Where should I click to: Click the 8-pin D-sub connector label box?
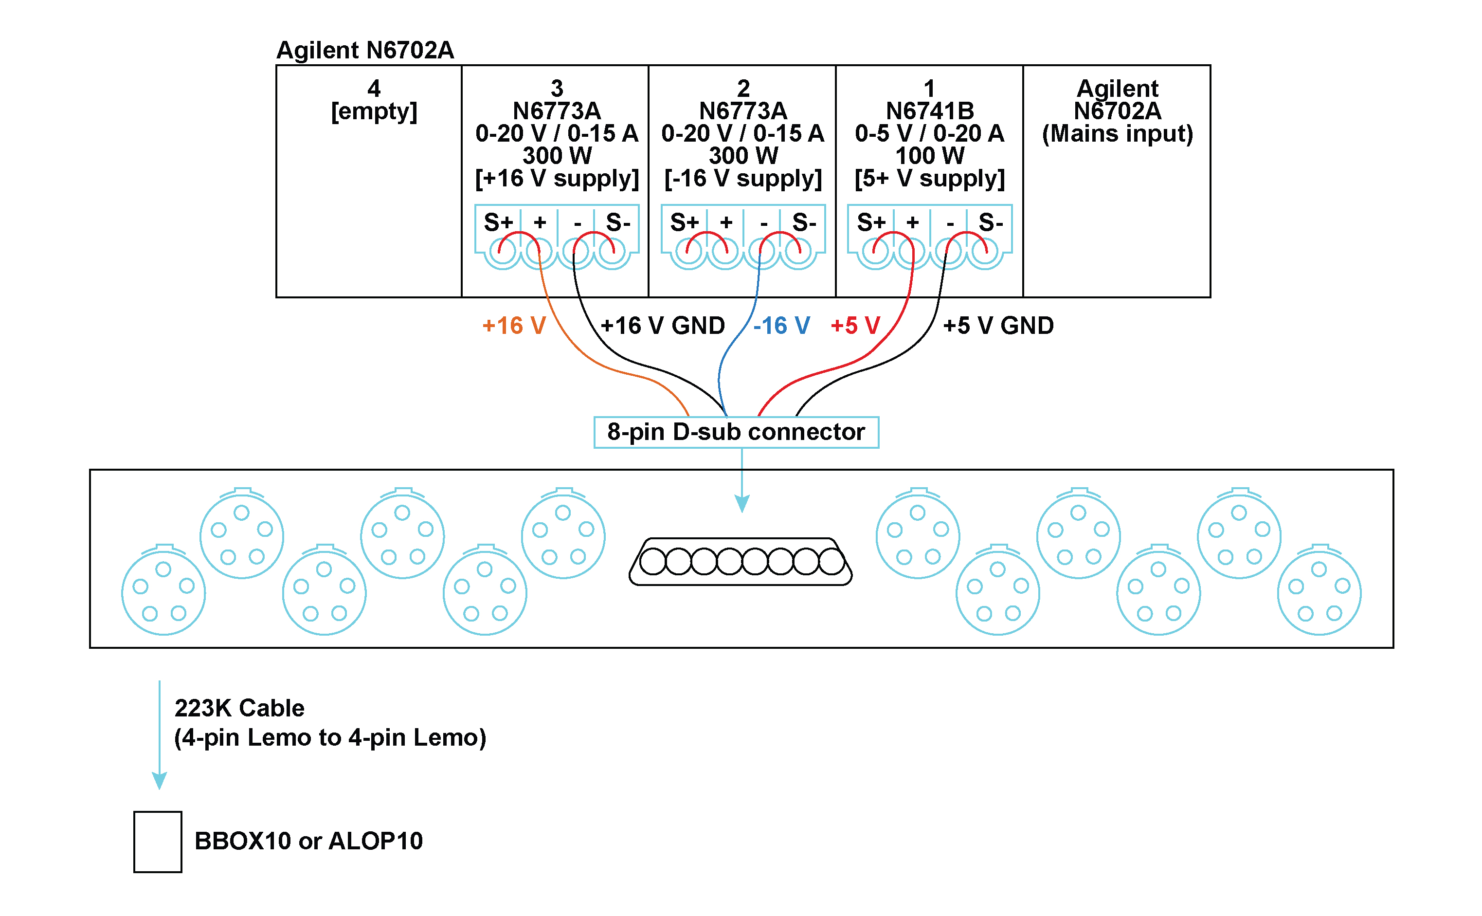click(x=736, y=432)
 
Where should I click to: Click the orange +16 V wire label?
click(x=514, y=326)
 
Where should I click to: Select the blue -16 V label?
click(x=781, y=326)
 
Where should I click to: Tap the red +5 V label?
click(x=855, y=326)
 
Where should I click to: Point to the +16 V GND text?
click(x=662, y=326)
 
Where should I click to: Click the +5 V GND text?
click(x=998, y=326)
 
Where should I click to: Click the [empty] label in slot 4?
click(x=374, y=111)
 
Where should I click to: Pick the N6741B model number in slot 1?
click(x=930, y=111)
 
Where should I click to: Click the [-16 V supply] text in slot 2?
click(x=742, y=179)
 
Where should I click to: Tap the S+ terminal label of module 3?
click(x=498, y=222)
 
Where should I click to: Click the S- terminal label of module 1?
click(x=990, y=222)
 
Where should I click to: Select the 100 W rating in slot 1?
click(x=930, y=156)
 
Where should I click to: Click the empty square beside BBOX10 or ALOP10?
click(x=158, y=842)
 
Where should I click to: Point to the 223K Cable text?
click(x=239, y=708)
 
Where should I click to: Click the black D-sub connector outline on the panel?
click(x=740, y=562)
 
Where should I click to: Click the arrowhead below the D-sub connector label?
click(x=742, y=503)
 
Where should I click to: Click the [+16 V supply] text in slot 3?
click(x=557, y=179)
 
